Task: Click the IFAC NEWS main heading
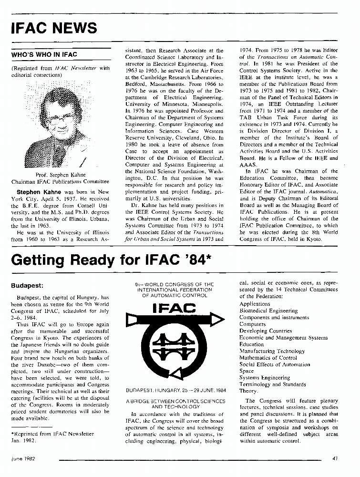click(54, 28)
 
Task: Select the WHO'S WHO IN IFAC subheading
click(44, 54)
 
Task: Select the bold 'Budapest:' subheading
click(27, 287)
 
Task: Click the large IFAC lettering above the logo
click(175, 309)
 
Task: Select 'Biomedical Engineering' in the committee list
click(268, 311)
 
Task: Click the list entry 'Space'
click(247, 371)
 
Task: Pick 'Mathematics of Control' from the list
click(269, 357)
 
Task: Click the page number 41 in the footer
click(335, 458)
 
